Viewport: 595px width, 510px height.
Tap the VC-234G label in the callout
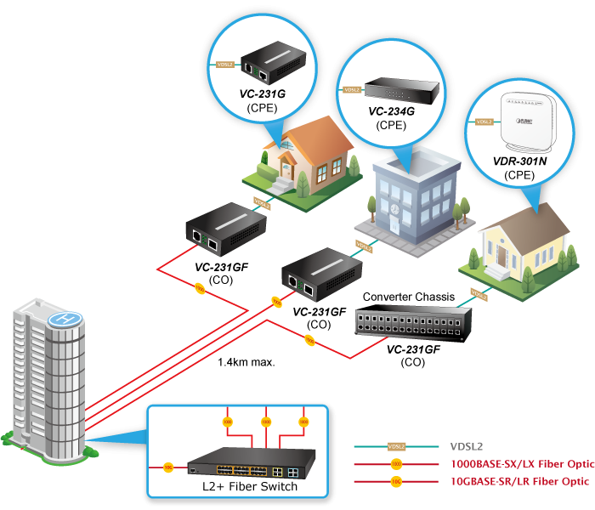pyautogui.click(x=391, y=111)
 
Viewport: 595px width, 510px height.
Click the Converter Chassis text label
pyautogui.click(x=408, y=297)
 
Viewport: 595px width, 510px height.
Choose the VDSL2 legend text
pyautogui.click(x=467, y=445)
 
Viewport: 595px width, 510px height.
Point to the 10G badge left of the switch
pyautogui.click(x=168, y=467)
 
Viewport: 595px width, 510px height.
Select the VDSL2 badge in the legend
pyautogui.click(x=395, y=445)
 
